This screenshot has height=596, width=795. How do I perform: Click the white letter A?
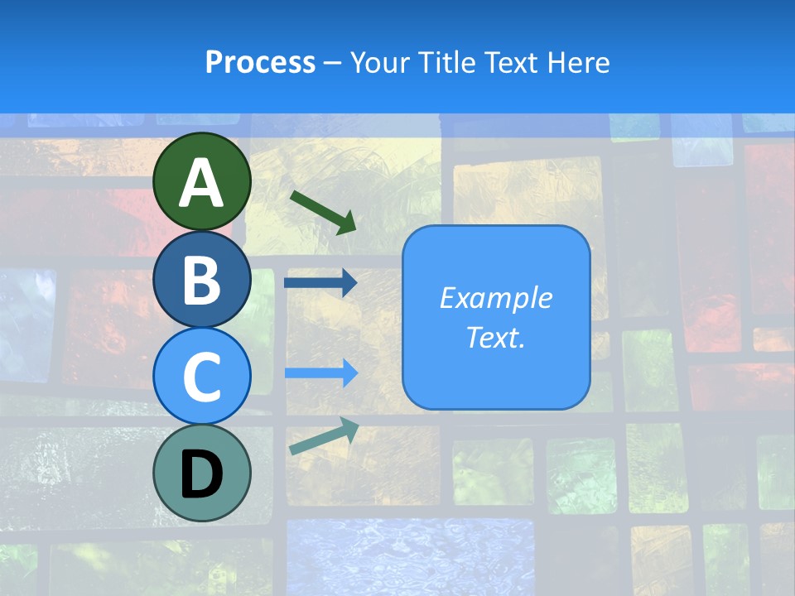click(202, 183)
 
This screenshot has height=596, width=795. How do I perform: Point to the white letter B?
click(202, 280)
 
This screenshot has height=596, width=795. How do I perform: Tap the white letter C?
click(202, 377)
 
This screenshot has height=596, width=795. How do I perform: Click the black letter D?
click(202, 474)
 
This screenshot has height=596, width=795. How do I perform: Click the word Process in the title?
click(260, 63)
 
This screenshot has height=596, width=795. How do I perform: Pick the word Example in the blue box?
click(495, 298)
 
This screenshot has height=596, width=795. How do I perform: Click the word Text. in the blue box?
click(495, 337)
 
